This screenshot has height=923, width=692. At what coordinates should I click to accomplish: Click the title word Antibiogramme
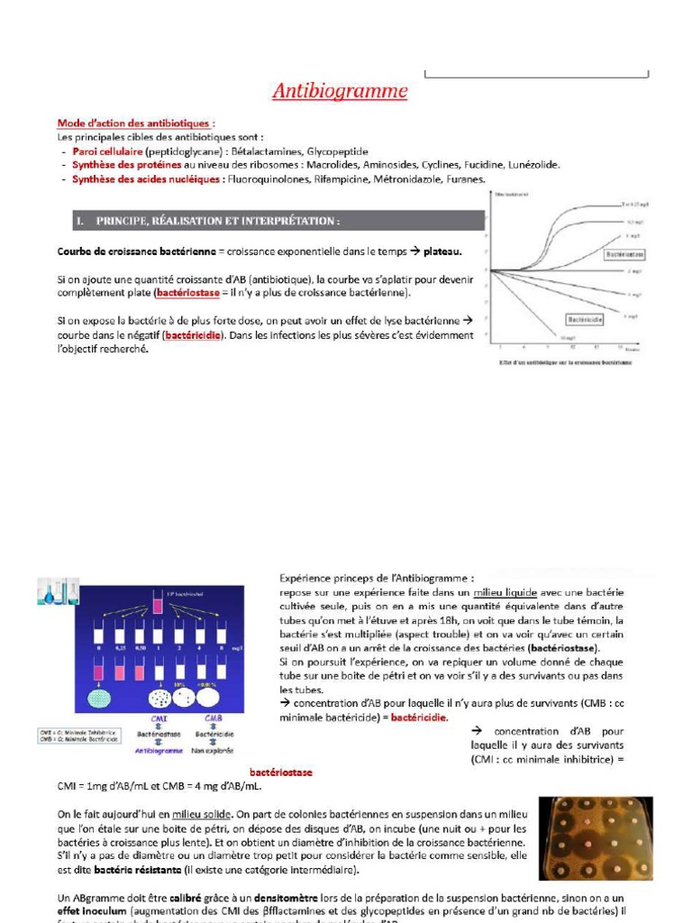(x=340, y=91)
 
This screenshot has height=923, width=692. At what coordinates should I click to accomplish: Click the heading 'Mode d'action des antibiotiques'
(x=135, y=123)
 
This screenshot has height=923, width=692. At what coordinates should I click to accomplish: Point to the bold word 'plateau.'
(x=442, y=251)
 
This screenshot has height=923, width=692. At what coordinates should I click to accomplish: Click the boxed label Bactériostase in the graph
(x=624, y=255)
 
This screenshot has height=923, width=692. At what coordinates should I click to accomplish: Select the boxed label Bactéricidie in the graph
(x=585, y=319)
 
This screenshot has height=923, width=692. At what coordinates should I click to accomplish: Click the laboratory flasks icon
(x=58, y=591)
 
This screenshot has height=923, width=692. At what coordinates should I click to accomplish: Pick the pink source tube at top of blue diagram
(x=157, y=604)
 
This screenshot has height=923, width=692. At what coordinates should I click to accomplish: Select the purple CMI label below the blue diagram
(x=159, y=718)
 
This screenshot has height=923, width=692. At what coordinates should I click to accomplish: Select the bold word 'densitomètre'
(x=266, y=898)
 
